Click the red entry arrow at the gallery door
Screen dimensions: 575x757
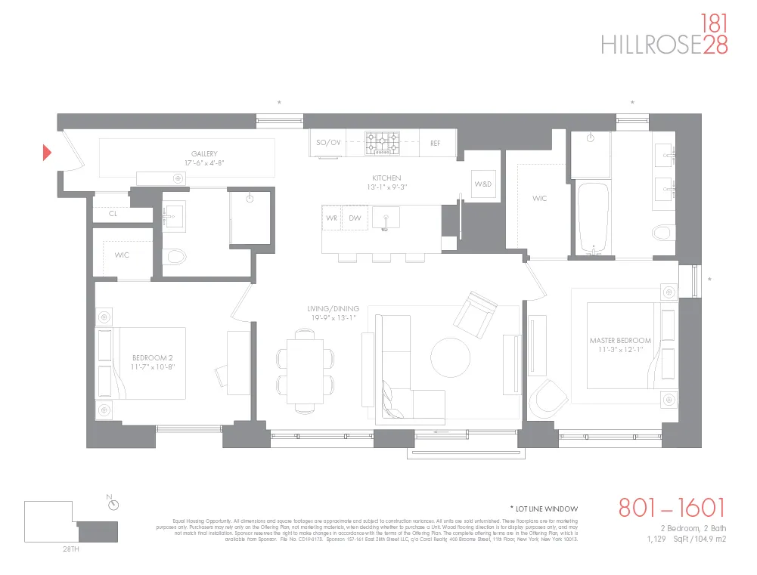coord(47,153)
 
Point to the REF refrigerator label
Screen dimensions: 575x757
coord(435,142)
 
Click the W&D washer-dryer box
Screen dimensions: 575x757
coord(482,184)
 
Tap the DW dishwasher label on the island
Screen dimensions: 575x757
coord(355,218)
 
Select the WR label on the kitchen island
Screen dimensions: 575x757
coord(331,218)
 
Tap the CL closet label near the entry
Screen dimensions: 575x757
coord(113,214)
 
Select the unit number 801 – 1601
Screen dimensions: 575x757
coord(672,508)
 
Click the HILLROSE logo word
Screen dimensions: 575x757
coord(650,45)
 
